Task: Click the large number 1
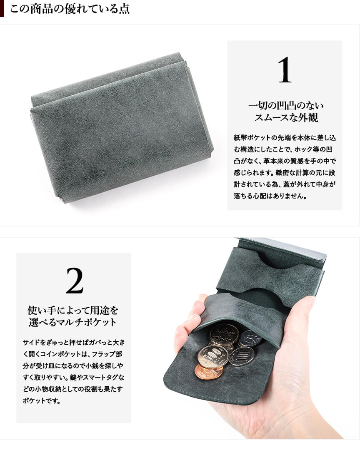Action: click(x=285, y=70)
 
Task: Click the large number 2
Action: click(x=75, y=281)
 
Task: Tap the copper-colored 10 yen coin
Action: click(x=209, y=372)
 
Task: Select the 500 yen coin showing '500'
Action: click(x=224, y=335)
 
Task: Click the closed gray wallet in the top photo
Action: click(x=122, y=128)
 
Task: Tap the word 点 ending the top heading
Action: click(x=124, y=9)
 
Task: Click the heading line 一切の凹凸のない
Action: click(x=286, y=106)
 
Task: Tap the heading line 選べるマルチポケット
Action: click(x=73, y=322)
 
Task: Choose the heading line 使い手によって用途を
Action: click(x=73, y=310)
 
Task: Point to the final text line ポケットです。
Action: click(x=42, y=400)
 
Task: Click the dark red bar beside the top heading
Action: click(x=2, y=9)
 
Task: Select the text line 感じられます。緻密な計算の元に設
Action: click(x=285, y=173)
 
